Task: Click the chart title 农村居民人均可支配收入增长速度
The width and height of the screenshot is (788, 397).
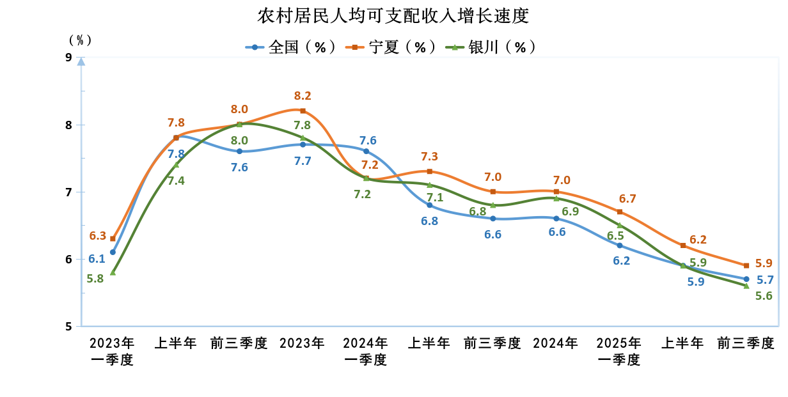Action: pyautogui.click(x=393, y=15)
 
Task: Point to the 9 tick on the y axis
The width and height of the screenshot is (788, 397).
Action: pyautogui.click(x=68, y=58)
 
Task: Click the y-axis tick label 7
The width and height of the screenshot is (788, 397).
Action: pyautogui.click(x=68, y=192)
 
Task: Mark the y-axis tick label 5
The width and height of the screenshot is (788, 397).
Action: pyautogui.click(x=68, y=327)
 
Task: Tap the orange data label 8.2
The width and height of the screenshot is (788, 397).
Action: pyautogui.click(x=303, y=96)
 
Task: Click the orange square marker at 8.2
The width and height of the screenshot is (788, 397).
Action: pyautogui.click(x=303, y=111)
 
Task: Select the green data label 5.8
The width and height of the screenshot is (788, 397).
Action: pyautogui.click(x=97, y=279)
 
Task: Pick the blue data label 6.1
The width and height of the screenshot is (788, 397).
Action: pyautogui.click(x=97, y=258)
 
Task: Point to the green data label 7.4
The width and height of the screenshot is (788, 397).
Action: pyautogui.click(x=176, y=180)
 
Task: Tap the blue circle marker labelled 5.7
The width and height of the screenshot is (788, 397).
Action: pyautogui.click(x=746, y=279)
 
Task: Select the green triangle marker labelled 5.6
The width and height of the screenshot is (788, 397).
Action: pyautogui.click(x=746, y=286)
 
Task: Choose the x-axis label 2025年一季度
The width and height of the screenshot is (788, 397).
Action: pyautogui.click(x=619, y=351)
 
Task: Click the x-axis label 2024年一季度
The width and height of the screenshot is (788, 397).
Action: pyautogui.click(x=365, y=351)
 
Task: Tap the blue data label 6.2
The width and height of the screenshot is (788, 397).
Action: pyautogui.click(x=621, y=260)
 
